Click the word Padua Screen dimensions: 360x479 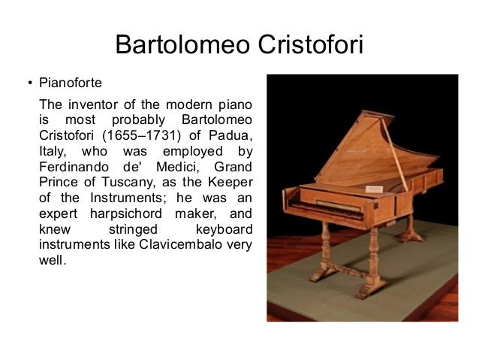pos(230,135)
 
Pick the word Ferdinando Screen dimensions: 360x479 pos(72,167)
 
